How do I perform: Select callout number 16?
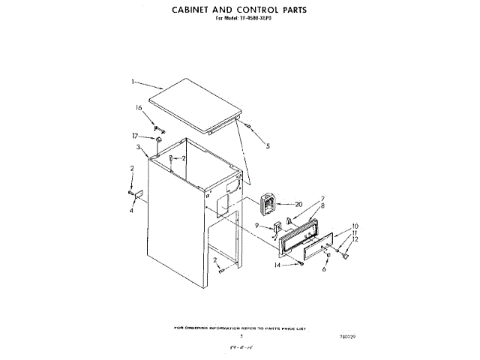(x=139, y=108)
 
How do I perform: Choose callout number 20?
(x=298, y=204)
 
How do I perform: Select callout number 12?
(x=355, y=239)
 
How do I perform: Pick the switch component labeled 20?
(x=268, y=203)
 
